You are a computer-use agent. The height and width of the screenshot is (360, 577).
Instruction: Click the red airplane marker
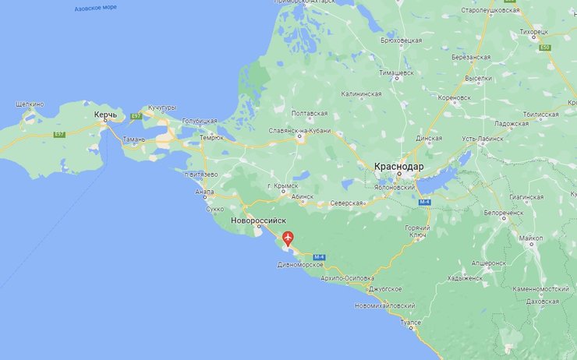click(x=288, y=237)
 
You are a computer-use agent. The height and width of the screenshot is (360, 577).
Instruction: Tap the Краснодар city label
click(x=398, y=167)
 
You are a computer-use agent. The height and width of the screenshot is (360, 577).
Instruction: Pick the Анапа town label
click(x=204, y=193)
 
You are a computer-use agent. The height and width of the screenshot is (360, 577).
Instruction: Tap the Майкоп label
click(x=533, y=238)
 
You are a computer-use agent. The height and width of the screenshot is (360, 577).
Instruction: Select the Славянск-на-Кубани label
click(x=299, y=131)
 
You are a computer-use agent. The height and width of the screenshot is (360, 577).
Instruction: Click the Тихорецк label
click(x=533, y=31)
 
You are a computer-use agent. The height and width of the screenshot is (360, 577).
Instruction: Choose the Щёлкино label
click(x=30, y=104)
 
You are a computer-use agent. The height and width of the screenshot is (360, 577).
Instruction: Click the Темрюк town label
click(x=211, y=137)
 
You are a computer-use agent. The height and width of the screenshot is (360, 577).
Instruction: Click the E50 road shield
click(x=544, y=48)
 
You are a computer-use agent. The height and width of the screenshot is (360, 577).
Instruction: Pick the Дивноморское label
click(x=300, y=265)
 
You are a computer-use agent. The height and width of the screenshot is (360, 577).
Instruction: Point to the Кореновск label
click(x=455, y=97)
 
